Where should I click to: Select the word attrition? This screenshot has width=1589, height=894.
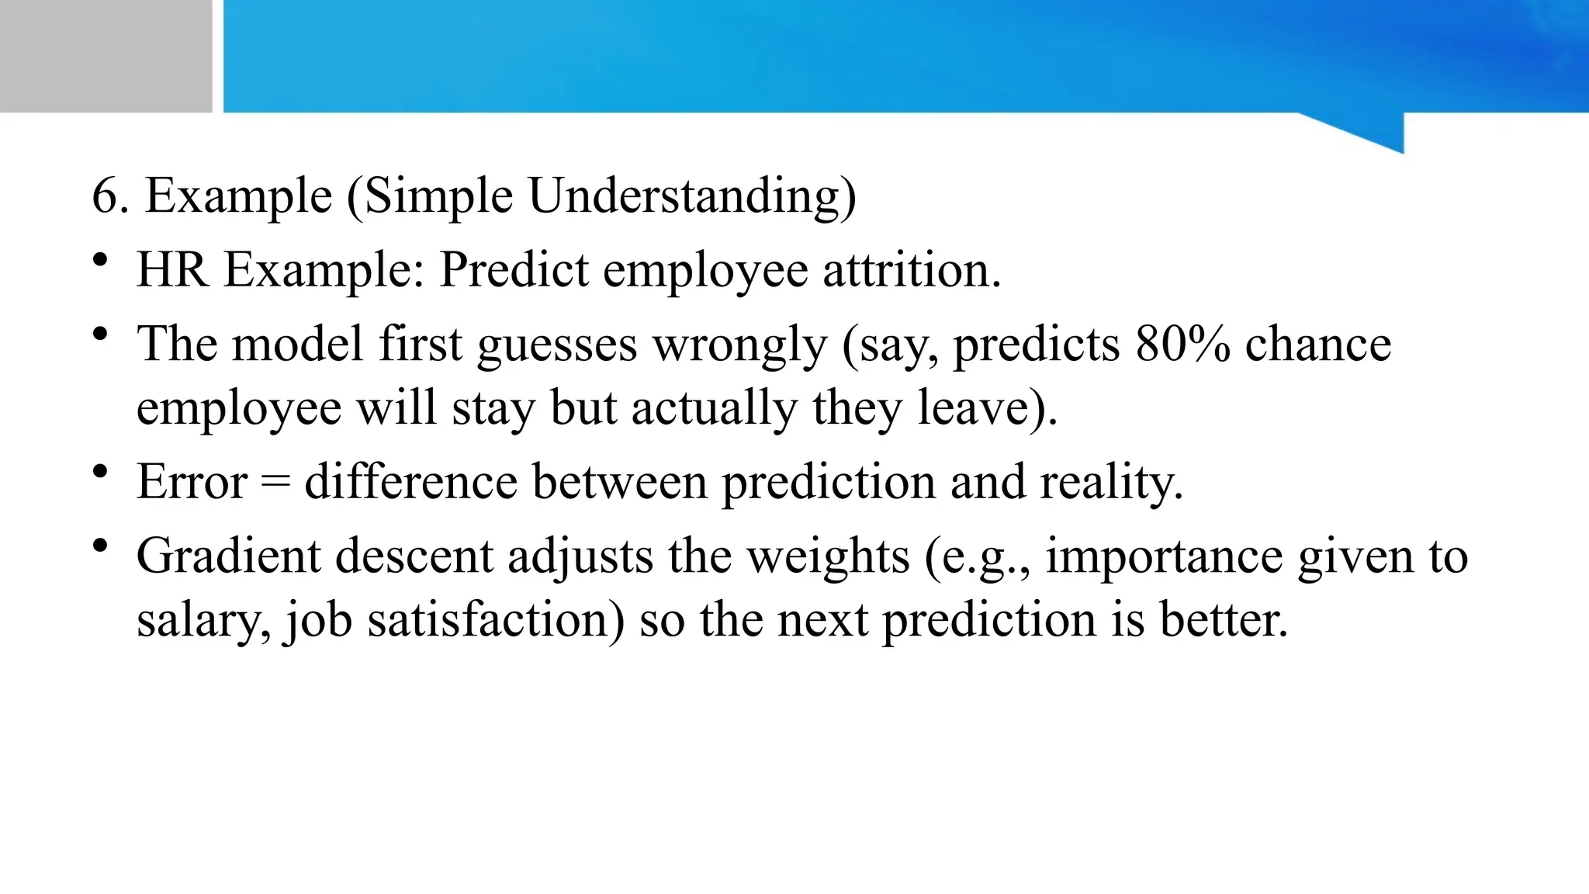tap(912, 270)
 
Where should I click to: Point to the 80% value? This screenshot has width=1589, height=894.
tap(1182, 344)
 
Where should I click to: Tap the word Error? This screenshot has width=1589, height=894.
tap(192, 482)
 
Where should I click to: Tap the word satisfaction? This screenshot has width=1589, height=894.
tap(496, 620)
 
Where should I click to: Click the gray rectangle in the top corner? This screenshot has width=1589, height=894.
tap(106, 56)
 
